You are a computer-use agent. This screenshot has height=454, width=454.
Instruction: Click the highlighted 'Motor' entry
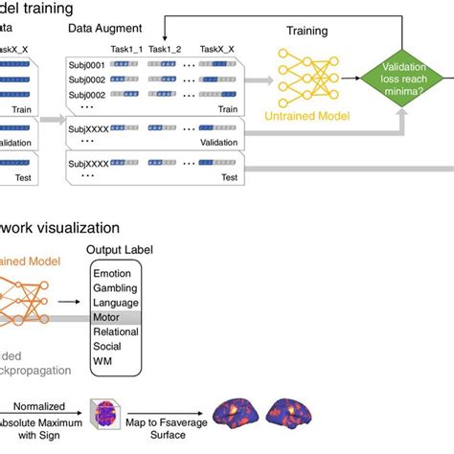106,316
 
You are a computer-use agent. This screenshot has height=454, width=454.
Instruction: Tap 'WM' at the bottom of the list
102,360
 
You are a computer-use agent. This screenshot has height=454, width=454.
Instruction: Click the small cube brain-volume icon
105,414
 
